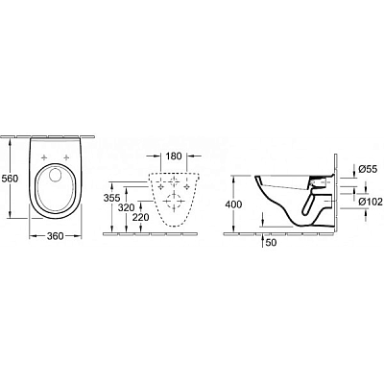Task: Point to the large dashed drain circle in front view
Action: pos(173,203)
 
